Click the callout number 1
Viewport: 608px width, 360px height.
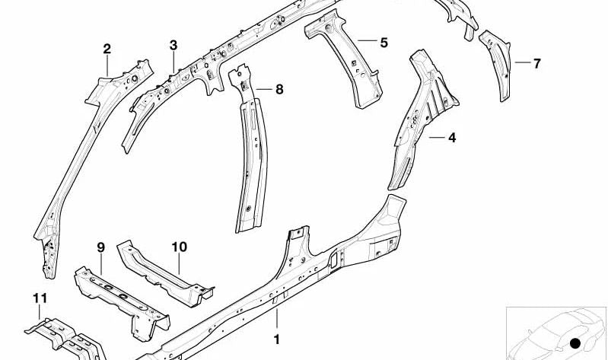click(276, 339)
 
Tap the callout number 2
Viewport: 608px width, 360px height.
click(107, 49)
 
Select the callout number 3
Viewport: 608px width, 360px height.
click(173, 46)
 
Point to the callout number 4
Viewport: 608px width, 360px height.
click(452, 137)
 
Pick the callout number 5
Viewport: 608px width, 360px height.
click(384, 43)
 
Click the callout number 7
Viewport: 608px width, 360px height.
click(536, 63)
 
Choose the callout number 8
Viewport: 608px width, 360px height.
click(279, 90)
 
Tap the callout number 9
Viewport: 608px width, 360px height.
click(100, 247)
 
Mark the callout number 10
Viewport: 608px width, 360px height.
click(179, 247)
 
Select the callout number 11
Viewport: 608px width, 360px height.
click(40, 298)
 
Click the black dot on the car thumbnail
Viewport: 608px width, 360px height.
click(575, 343)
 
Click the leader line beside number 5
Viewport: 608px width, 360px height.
click(368, 40)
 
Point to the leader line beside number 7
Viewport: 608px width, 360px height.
click(523, 62)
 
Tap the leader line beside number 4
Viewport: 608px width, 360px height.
click(437, 137)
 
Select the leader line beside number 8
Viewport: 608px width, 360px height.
click(265, 89)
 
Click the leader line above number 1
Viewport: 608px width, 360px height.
click(277, 318)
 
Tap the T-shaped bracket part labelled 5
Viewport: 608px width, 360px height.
click(345, 58)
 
